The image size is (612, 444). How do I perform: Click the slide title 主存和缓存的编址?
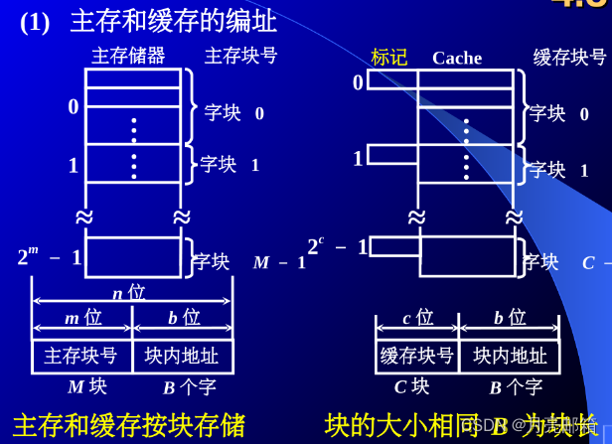[x=173, y=20]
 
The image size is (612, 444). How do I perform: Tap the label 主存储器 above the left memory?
[x=128, y=56]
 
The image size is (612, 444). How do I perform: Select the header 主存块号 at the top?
[x=240, y=56]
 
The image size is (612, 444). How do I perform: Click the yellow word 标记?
[x=388, y=58]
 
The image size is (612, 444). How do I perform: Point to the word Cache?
[x=457, y=58]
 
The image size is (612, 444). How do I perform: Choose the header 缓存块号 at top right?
[x=569, y=58]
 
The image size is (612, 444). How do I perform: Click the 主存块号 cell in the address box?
[x=81, y=356]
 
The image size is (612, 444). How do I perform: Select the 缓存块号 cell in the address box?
[x=417, y=356]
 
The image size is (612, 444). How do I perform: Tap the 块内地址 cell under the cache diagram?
[x=510, y=356]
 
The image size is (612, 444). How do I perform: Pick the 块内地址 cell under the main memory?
[x=182, y=356]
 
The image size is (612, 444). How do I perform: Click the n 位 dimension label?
[x=128, y=292]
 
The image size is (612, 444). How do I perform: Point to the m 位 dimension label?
[x=82, y=318]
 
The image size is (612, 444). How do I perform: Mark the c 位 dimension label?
[x=417, y=318]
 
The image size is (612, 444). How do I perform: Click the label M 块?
[x=87, y=386]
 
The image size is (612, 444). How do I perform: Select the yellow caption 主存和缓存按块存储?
[x=128, y=425]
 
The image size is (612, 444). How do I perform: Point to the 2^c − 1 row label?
[x=337, y=246]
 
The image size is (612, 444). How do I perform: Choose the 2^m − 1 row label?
[x=50, y=257]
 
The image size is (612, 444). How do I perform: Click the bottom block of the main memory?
[x=133, y=256]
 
